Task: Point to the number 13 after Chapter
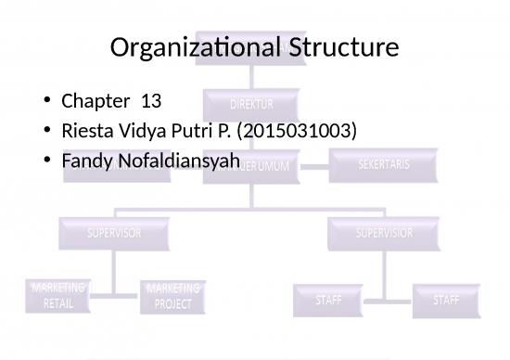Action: point(150,99)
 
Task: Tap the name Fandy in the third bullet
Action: point(85,161)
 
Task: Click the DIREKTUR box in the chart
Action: point(252,104)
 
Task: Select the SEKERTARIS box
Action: point(384,165)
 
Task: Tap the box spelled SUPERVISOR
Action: point(114,233)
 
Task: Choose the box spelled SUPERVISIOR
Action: point(385,233)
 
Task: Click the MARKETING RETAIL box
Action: point(58,296)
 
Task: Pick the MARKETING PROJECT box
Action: point(172,296)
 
